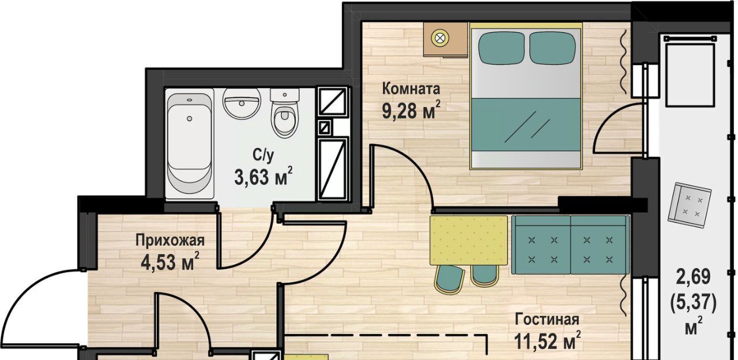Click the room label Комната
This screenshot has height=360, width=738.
411,89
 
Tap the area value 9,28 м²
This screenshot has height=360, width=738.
411,110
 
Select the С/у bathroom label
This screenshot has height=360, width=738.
263,155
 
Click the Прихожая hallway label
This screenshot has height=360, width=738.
170,241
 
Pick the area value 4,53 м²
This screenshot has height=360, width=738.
170,262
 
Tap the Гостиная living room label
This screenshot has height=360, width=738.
547,320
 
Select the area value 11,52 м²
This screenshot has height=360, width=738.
547,340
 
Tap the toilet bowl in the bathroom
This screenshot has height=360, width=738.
284,114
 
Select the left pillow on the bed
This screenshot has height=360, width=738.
501,48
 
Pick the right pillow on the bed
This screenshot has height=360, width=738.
552,48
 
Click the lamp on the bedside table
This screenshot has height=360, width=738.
439,38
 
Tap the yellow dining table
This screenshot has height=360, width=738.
468,241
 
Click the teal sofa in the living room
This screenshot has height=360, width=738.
570,245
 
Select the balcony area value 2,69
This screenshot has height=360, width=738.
693,277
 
